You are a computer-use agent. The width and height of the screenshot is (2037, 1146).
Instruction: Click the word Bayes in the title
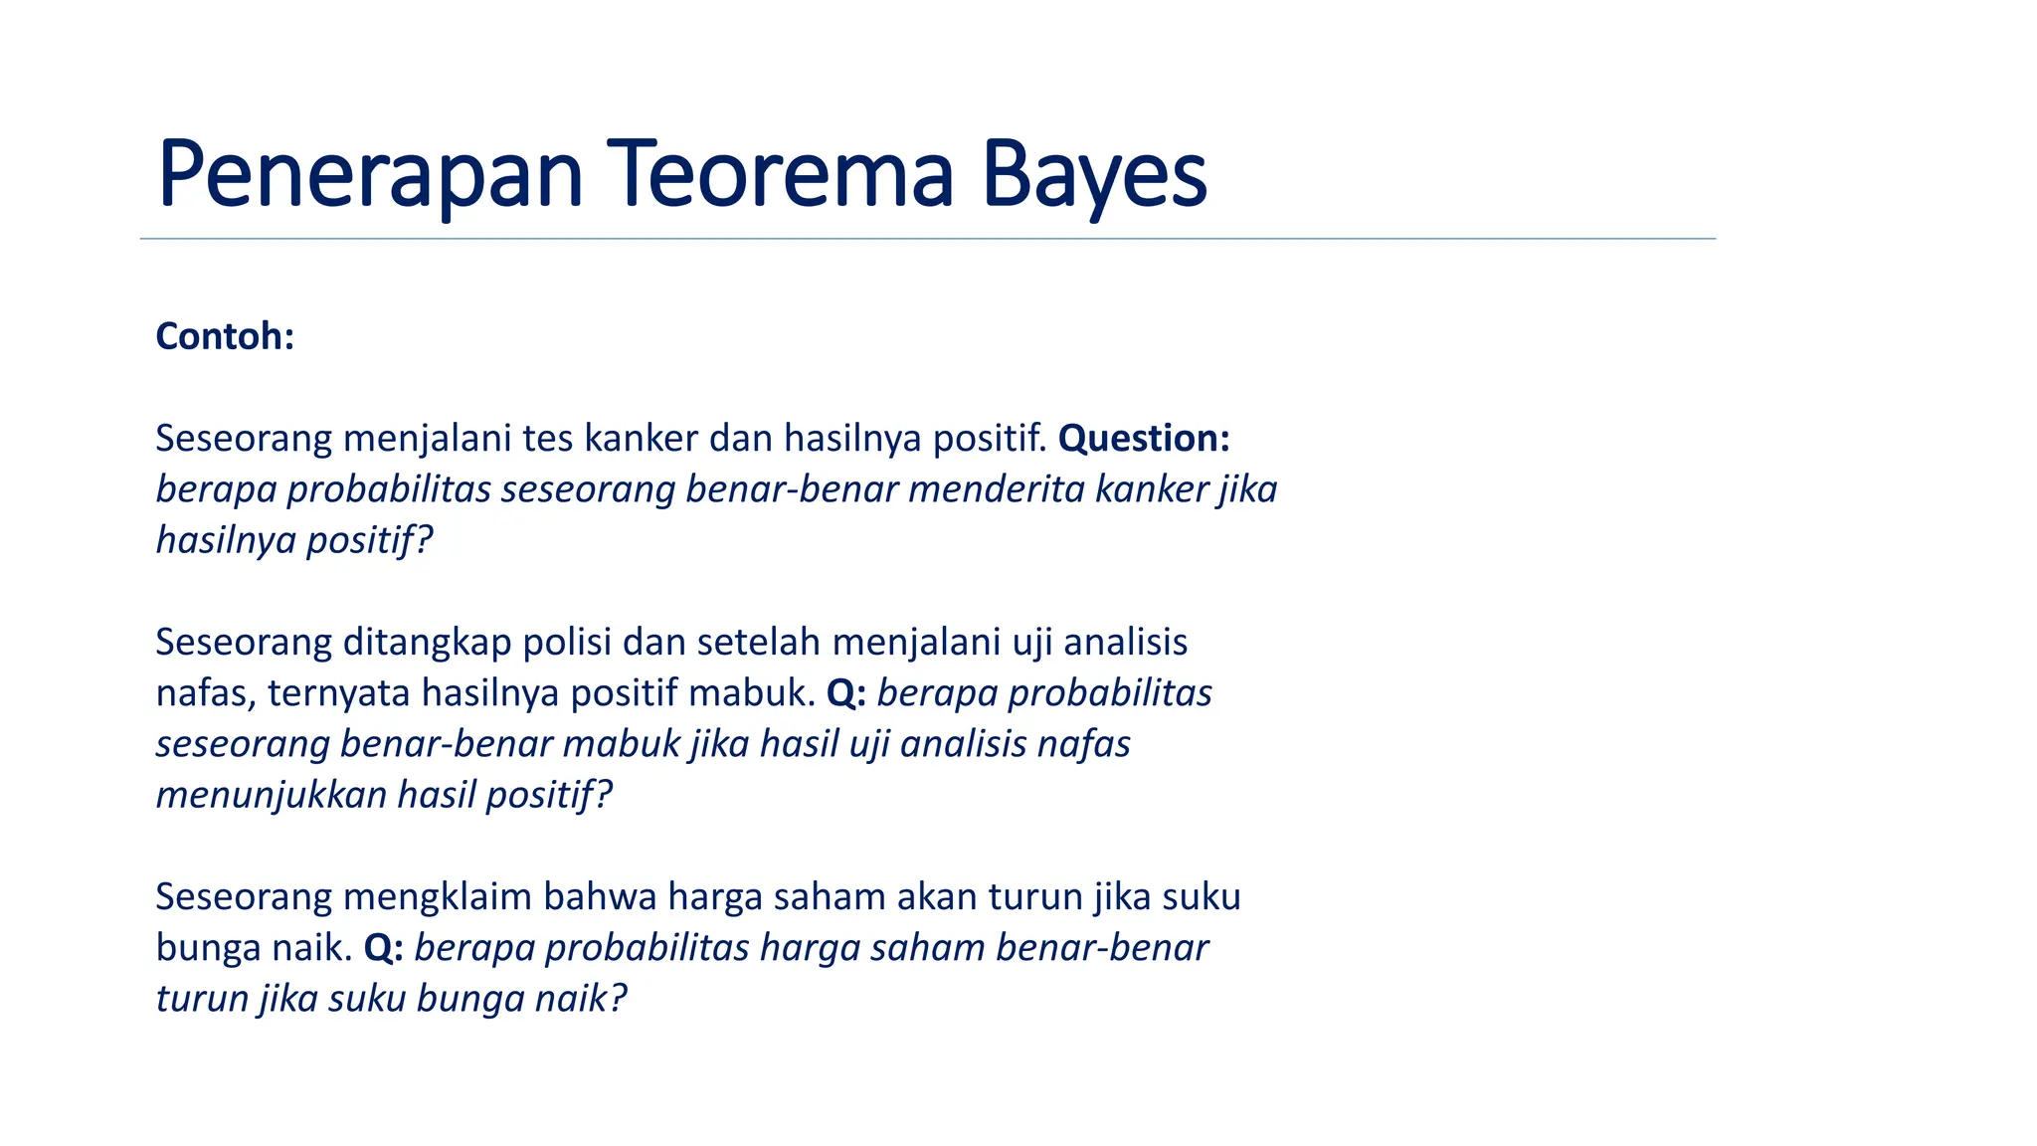pyautogui.click(x=1094, y=175)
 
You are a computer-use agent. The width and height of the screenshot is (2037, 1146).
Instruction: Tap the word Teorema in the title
pyautogui.click(x=781, y=175)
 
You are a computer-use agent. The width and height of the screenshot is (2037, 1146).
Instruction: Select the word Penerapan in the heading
pyautogui.click(x=370, y=175)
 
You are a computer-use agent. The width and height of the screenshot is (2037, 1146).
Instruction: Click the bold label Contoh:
pyautogui.click(x=225, y=336)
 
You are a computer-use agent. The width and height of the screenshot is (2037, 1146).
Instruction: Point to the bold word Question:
pyautogui.click(x=1144, y=438)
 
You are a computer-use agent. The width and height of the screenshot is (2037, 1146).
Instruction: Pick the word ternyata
pyautogui.click(x=338, y=692)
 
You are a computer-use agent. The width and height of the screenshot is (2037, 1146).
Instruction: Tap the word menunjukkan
pyautogui.click(x=272, y=795)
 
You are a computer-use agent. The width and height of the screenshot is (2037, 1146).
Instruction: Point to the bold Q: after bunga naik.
pyautogui.click(x=383, y=947)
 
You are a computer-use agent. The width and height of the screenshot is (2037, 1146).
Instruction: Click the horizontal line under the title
pyautogui.click(x=927, y=239)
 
